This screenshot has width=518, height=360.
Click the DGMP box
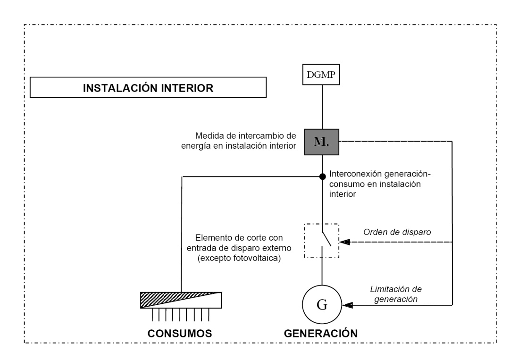tap(322, 75)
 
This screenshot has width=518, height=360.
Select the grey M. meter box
tap(322, 142)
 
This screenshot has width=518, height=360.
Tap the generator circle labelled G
tap(322, 305)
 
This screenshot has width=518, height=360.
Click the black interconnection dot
tap(322, 176)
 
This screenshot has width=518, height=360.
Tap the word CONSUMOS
tap(178, 333)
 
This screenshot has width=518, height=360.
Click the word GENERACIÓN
tap(321, 333)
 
